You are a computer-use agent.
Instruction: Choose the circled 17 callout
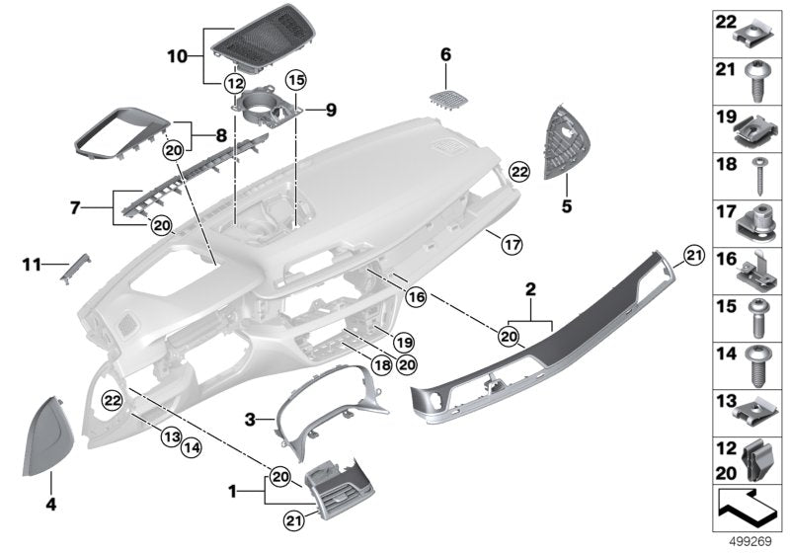[511, 242]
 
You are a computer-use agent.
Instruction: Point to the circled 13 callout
[170, 435]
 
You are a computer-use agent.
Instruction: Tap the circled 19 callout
[403, 341]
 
